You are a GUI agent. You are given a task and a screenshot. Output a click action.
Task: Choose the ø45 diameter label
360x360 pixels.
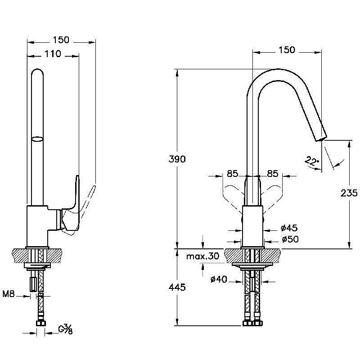289,229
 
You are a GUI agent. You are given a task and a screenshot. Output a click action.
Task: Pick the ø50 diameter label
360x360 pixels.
289,239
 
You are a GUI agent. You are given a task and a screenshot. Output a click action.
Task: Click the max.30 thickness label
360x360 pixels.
202,256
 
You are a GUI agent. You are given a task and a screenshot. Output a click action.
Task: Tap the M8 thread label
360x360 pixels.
9,295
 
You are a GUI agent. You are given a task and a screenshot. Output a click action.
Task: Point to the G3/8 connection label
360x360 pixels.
65,330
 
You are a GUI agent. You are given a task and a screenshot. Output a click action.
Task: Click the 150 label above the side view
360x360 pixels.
61,40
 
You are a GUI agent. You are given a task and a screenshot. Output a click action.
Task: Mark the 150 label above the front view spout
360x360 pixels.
287,49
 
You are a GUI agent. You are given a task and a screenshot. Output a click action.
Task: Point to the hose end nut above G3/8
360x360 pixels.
40,323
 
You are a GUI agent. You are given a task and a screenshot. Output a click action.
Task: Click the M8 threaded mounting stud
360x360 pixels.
34,283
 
